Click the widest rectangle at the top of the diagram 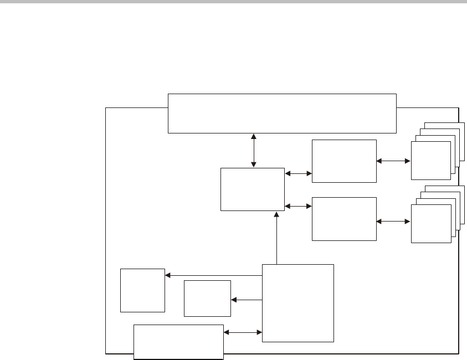pos(282,114)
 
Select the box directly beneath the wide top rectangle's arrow pos(253,189)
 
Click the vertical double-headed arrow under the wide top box pos(254,150)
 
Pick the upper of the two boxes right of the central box pos(344,161)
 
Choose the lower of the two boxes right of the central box pos(344,218)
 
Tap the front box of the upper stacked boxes pos(430,160)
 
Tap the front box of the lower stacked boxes pos(430,223)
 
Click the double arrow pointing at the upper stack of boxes pos(393,161)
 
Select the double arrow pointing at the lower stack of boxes pos(393,222)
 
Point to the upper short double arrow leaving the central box pos(299,173)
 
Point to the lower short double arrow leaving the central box pos(299,206)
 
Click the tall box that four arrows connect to pos(298,303)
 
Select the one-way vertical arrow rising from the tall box pos(276,238)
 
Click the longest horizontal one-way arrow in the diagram pos(213,275)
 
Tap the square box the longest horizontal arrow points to pos(143,290)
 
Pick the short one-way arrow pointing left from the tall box pos(247,300)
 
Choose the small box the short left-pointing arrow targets pos(207,299)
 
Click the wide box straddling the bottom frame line pos(179,342)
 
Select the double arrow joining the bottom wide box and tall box pos(243,333)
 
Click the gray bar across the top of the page pos(233,2)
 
